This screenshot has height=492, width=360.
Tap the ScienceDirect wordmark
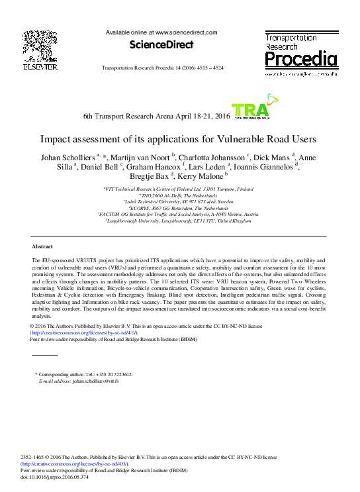pyautogui.click(x=161, y=45)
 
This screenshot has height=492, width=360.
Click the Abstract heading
pyautogui.click(x=42, y=246)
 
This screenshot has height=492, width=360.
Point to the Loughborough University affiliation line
pyautogui.click(x=179, y=221)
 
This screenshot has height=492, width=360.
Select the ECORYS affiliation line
pyautogui.click(x=179, y=208)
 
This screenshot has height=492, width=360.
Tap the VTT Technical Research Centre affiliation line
pyautogui.click(x=179, y=189)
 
